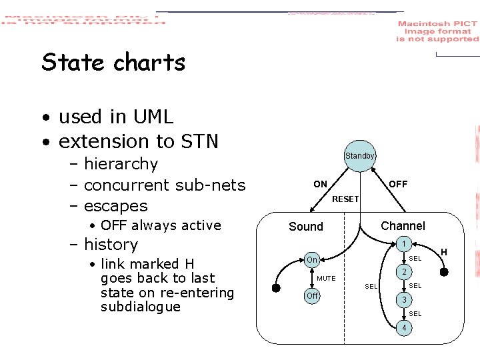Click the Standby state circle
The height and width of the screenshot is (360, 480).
pos(360,156)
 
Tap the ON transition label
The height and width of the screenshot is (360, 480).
pos(321,184)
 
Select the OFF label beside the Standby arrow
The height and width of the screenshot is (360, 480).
pos(398,184)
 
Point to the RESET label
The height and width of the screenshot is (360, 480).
pos(345,199)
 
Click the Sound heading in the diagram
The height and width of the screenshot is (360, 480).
pos(306,227)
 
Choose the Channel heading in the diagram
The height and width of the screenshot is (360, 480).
pos(403,226)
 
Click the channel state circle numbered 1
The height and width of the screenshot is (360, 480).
pos(402,245)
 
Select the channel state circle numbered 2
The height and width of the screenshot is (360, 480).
pos(402,272)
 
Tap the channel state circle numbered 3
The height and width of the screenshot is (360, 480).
pos(402,300)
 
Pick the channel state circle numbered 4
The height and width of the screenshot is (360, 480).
pos(402,328)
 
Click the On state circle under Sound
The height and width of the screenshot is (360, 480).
pos(311,259)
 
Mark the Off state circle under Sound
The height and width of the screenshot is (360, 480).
pos(311,295)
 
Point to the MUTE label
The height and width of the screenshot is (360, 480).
pos(326,278)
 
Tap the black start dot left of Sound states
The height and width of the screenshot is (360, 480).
pos(276,288)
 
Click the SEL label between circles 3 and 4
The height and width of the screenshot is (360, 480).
pos(415,314)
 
